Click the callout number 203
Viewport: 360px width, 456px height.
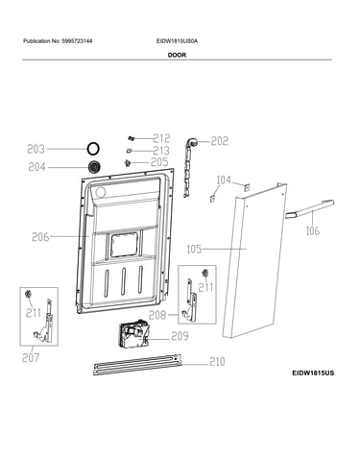click(36, 149)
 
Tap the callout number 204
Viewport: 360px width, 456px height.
click(36, 167)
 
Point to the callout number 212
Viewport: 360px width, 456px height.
click(161, 138)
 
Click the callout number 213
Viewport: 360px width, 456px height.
click(161, 151)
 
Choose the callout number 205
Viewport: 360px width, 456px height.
click(159, 162)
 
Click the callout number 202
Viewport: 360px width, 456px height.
click(220, 141)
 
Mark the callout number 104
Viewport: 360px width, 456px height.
click(224, 180)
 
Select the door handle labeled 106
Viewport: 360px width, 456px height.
click(309, 208)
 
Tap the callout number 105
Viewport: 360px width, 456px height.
click(194, 249)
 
